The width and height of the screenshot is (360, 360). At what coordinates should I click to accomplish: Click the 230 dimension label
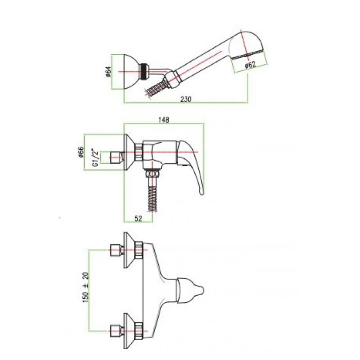(185, 99)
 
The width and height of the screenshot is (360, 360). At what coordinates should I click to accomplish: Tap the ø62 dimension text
(250, 64)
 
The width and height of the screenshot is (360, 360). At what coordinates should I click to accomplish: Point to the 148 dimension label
(164, 120)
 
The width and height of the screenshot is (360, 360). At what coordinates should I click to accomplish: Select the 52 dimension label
(138, 219)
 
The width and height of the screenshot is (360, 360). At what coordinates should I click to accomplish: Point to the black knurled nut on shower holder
(144, 71)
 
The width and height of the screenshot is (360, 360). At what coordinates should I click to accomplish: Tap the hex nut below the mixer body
(152, 174)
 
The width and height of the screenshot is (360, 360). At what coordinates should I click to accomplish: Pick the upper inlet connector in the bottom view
(117, 250)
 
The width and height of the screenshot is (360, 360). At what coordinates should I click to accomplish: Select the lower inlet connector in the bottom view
(117, 330)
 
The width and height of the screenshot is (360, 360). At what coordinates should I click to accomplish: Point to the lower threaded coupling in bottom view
(139, 330)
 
